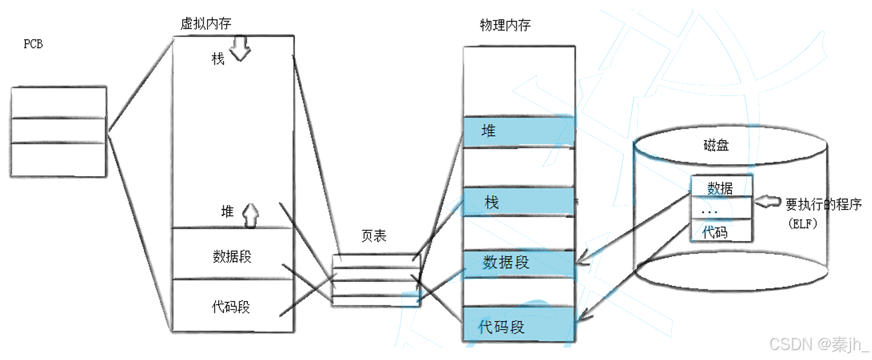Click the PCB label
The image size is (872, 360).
pos(33,44)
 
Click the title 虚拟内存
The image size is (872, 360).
pos(206,24)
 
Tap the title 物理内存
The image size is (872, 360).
pos(505,25)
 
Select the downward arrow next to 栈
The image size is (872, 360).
pos(240,48)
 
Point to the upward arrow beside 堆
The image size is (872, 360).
pos(250,216)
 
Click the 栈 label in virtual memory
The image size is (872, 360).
pos(218,59)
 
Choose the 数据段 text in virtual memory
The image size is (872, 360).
pos(232,257)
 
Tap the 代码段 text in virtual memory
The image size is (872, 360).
pos(231,307)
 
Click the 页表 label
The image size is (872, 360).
pos(374,236)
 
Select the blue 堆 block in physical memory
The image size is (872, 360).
pos(519,131)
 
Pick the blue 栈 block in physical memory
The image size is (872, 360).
pos(519,201)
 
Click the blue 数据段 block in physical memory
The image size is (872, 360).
pos(519,264)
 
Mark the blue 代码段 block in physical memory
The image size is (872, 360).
pos(519,325)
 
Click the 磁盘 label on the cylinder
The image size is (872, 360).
pos(716,146)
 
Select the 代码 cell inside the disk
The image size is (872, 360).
pos(721,230)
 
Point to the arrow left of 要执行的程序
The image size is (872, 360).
pos(767,201)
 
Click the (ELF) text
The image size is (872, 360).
pos(803,224)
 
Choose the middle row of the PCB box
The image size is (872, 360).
pos(58,130)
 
